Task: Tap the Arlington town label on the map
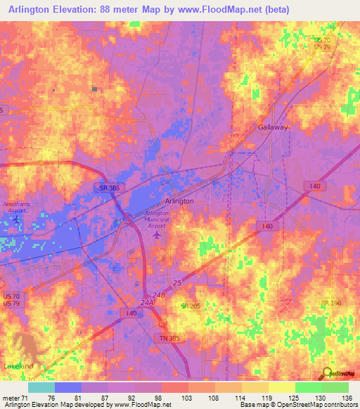(x=179, y=201)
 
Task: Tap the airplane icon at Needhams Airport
(x=18, y=221)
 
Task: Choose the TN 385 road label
(x=168, y=337)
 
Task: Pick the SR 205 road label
(x=189, y=306)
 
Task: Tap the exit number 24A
(x=146, y=303)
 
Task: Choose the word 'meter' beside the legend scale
(x=12, y=397)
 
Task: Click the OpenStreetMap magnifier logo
(x=328, y=373)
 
